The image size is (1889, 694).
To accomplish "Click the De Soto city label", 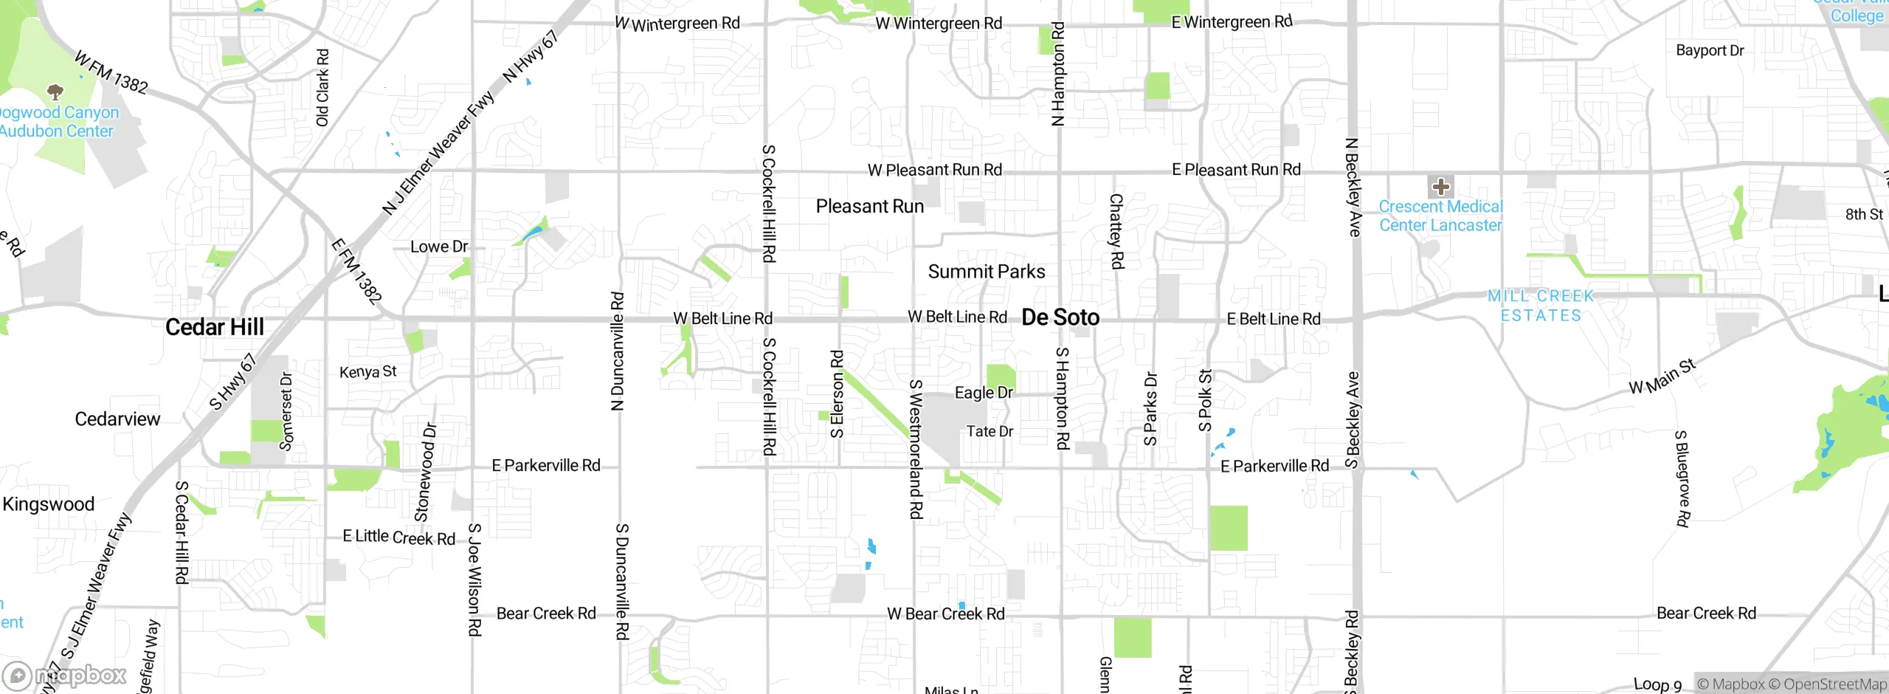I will pyautogui.click(x=1060, y=317).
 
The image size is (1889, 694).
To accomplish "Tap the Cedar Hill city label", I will pyautogui.click(x=214, y=327).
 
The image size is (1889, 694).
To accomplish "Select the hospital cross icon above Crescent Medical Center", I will pyautogui.click(x=1440, y=187).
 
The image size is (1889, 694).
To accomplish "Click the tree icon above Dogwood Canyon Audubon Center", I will pyautogui.click(x=55, y=92).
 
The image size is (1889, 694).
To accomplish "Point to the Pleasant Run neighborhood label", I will pyautogui.click(x=869, y=207).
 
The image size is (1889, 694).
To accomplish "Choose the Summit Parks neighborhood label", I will pyautogui.click(x=986, y=272).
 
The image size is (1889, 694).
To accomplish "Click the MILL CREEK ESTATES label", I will pyautogui.click(x=1541, y=306).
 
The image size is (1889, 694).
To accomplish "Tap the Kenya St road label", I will pyautogui.click(x=367, y=371).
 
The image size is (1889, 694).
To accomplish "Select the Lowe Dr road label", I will pyautogui.click(x=439, y=247).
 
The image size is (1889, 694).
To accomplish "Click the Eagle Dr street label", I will pyautogui.click(x=984, y=393).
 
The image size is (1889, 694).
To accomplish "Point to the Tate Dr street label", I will pyautogui.click(x=990, y=431).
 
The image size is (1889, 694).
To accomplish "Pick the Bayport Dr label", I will pyautogui.click(x=1710, y=51).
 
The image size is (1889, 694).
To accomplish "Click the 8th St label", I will pyautogui.click(x=1864, y=214).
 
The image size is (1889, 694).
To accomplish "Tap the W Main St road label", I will pyautogui.click(x=1662, y=377).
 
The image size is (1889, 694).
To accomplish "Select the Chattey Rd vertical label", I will pyautogui.click(x=1116, y=231).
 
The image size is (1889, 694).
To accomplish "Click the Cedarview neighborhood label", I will pyautogui.click(x=117, y=419).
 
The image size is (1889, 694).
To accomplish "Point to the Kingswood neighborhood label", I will pyautogui.click(x=49, y=504).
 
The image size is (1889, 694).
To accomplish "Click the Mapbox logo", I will pyautogui.click(x=65, y=676).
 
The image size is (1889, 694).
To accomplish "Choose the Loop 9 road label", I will pyautogui.click(x=1657, y=684).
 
